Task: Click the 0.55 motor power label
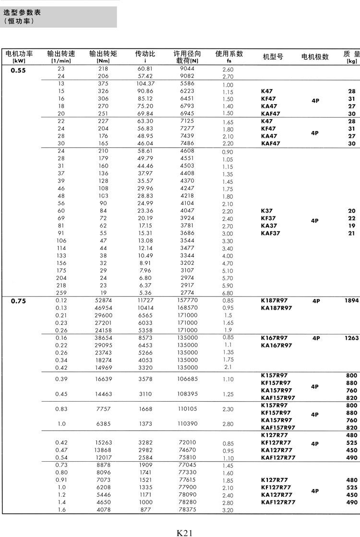[18, 70]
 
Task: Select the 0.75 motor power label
[18, 301]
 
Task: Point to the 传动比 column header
[145, 54]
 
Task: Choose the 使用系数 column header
[229, 54]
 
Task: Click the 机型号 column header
[273, 57]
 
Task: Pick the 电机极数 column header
[315, 57]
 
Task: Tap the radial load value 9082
[187, 76]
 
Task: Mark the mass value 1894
[351, 300]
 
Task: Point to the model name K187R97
[274, 300]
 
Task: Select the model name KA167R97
[276, 345]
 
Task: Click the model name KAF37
[270, 233]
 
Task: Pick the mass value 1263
[351, 338]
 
